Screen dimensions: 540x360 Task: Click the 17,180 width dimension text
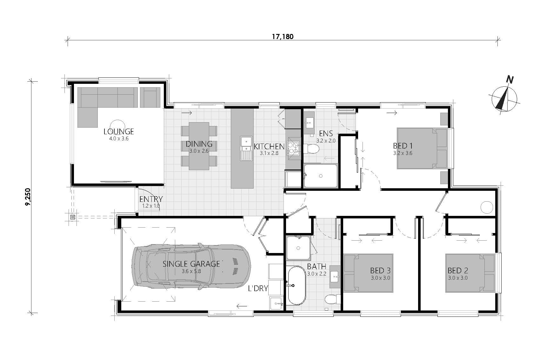coord(283,37)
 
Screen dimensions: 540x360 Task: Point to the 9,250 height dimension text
coord(28,197)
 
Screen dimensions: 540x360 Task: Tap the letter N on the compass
coord(510,79)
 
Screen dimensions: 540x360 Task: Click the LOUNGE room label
coord(119,132)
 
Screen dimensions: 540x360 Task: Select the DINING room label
coord(199,144)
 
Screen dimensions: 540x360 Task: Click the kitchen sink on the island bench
coord(246,149)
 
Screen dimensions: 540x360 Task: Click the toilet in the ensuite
coord(311,149)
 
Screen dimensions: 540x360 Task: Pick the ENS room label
coord(326,134)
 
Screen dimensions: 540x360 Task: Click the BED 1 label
coord(403,146)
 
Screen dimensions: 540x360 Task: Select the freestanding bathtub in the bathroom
coord(296,285)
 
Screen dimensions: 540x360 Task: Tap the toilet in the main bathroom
coord(332,299)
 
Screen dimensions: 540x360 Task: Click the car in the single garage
coord(191,266)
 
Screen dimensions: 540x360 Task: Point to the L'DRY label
coord(258,288)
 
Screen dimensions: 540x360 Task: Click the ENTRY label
coord(151,199)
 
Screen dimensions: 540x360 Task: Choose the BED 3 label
coord(380,270)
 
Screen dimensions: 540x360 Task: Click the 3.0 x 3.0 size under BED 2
coord(458,278)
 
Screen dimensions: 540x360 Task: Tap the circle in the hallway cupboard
coord(487,207)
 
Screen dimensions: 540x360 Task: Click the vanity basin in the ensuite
coord(309,123)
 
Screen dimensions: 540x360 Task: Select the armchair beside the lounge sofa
coord(150,97)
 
